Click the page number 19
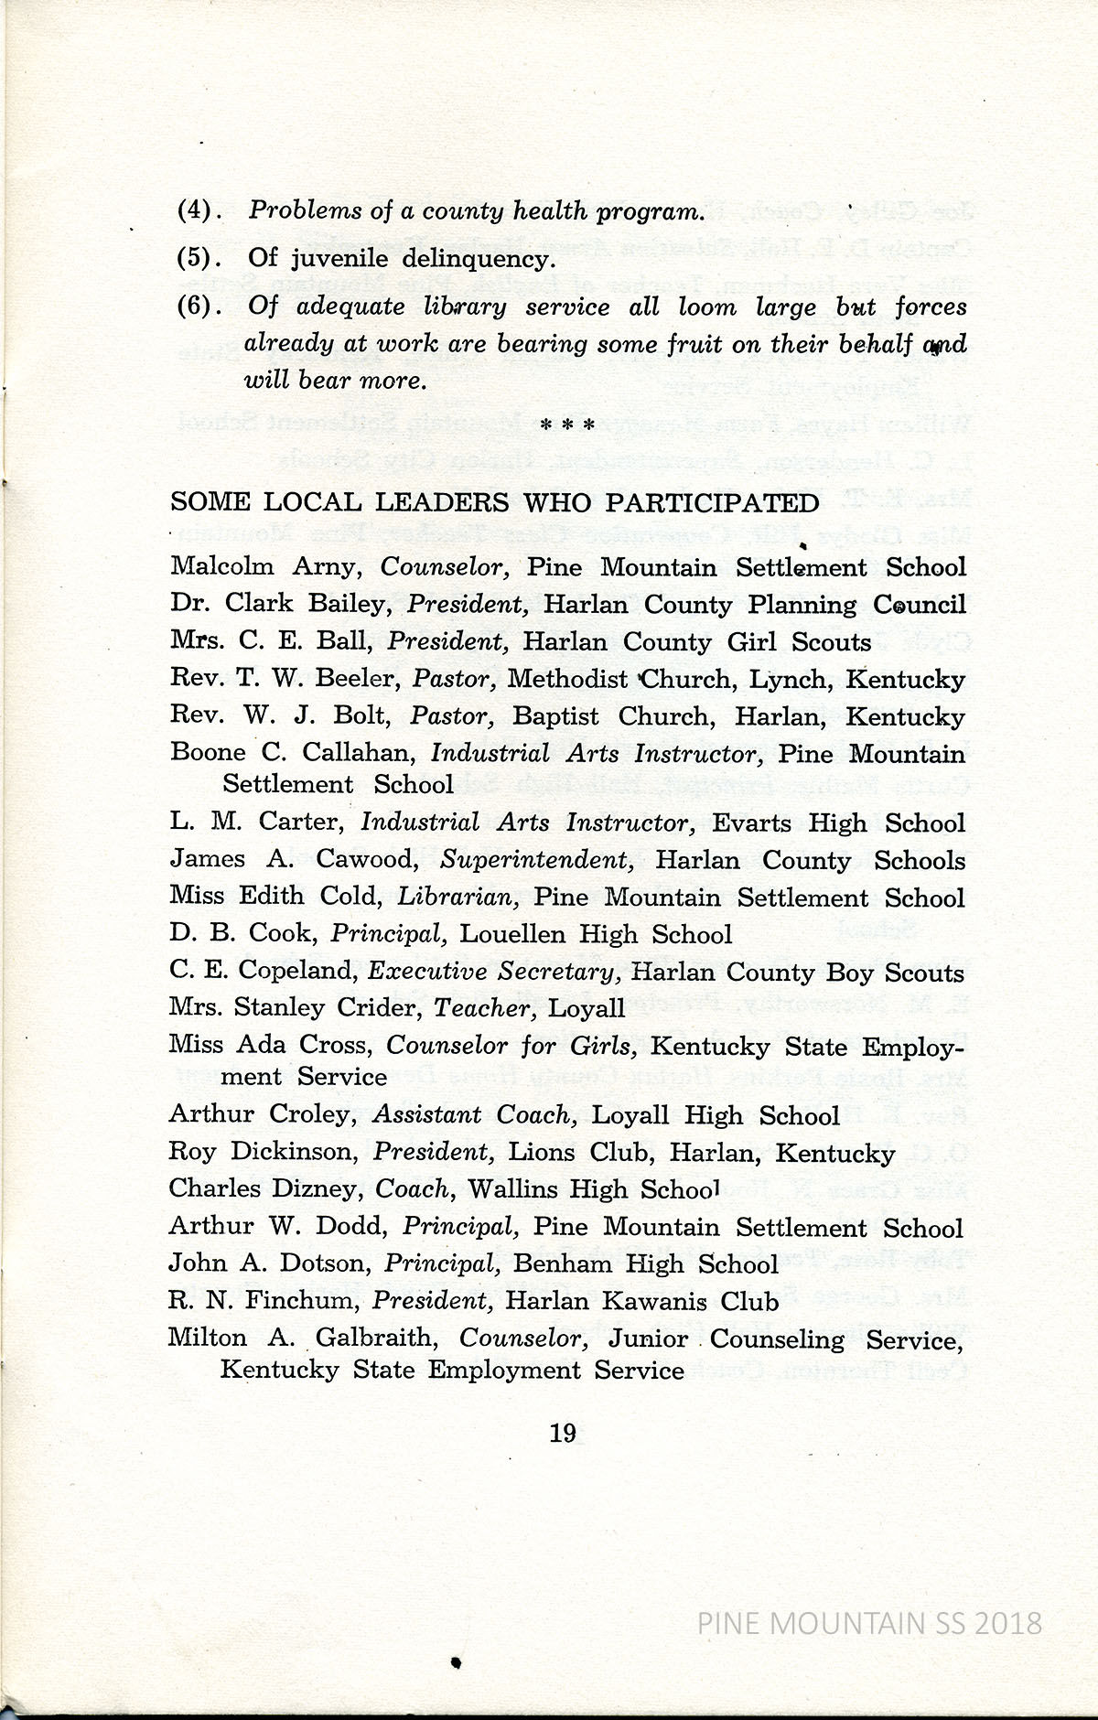tap(562, 1432)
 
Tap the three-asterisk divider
tap(568, 425)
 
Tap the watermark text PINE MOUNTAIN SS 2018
tap(868, 1624)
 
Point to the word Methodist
tap(567, 680)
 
